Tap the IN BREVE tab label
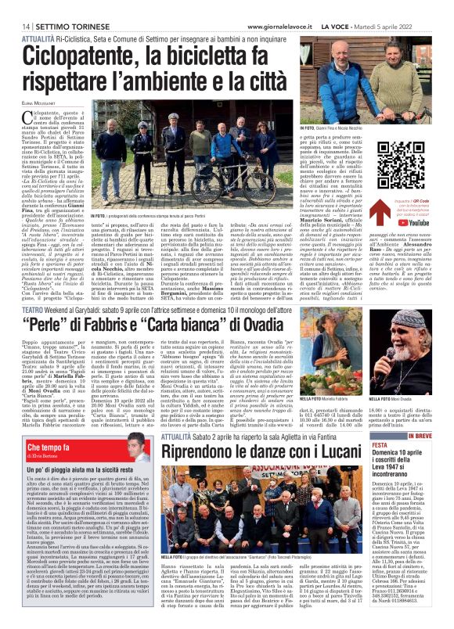[420, 437]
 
